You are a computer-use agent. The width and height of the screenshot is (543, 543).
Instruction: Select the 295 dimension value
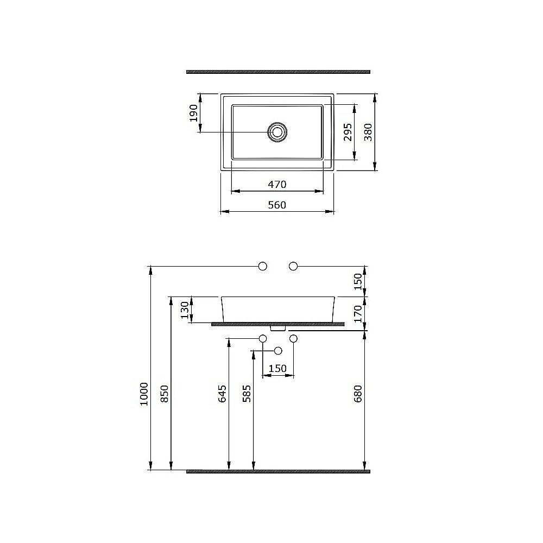click(348, 132)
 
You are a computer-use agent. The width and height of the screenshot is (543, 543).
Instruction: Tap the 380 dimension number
click(369, 132)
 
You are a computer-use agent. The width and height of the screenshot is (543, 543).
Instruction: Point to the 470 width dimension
click(276, 185)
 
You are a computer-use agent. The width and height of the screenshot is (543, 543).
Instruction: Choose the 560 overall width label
click(276, 205)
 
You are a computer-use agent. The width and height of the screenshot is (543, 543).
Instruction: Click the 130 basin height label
click(185, 310)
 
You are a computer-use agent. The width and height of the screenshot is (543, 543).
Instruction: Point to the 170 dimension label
click(358, 313)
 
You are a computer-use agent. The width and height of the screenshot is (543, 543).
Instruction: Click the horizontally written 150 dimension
click(277, 369)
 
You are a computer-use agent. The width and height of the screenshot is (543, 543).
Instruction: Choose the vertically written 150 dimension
click(358, 281)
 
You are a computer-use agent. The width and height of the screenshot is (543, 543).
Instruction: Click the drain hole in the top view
click(277, 132)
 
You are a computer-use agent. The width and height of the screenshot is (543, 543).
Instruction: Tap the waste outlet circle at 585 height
click(278, 350)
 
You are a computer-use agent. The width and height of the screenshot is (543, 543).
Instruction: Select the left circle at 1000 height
click(263, 266)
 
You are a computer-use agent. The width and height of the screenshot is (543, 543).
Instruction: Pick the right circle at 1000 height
click(294, 266)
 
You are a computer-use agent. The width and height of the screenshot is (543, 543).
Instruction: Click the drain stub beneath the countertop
click(277, 328)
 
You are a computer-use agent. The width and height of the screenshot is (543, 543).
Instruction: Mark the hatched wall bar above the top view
click(278, 71)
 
